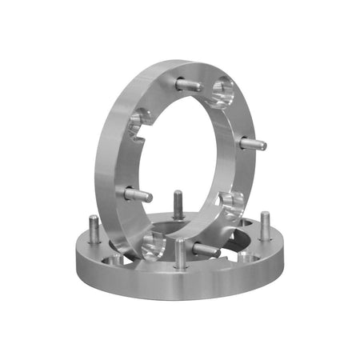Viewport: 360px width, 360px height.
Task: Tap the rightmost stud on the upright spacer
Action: pos(253,144)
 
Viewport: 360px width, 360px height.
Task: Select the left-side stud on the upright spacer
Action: pos(137,194)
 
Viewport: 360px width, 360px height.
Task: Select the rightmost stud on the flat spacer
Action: pos(265,226)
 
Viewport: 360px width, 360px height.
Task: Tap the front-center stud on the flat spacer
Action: pos(181,254)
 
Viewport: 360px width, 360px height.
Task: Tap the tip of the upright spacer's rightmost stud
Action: pos(263,145)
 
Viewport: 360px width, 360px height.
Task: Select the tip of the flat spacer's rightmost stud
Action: pos(265,215)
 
